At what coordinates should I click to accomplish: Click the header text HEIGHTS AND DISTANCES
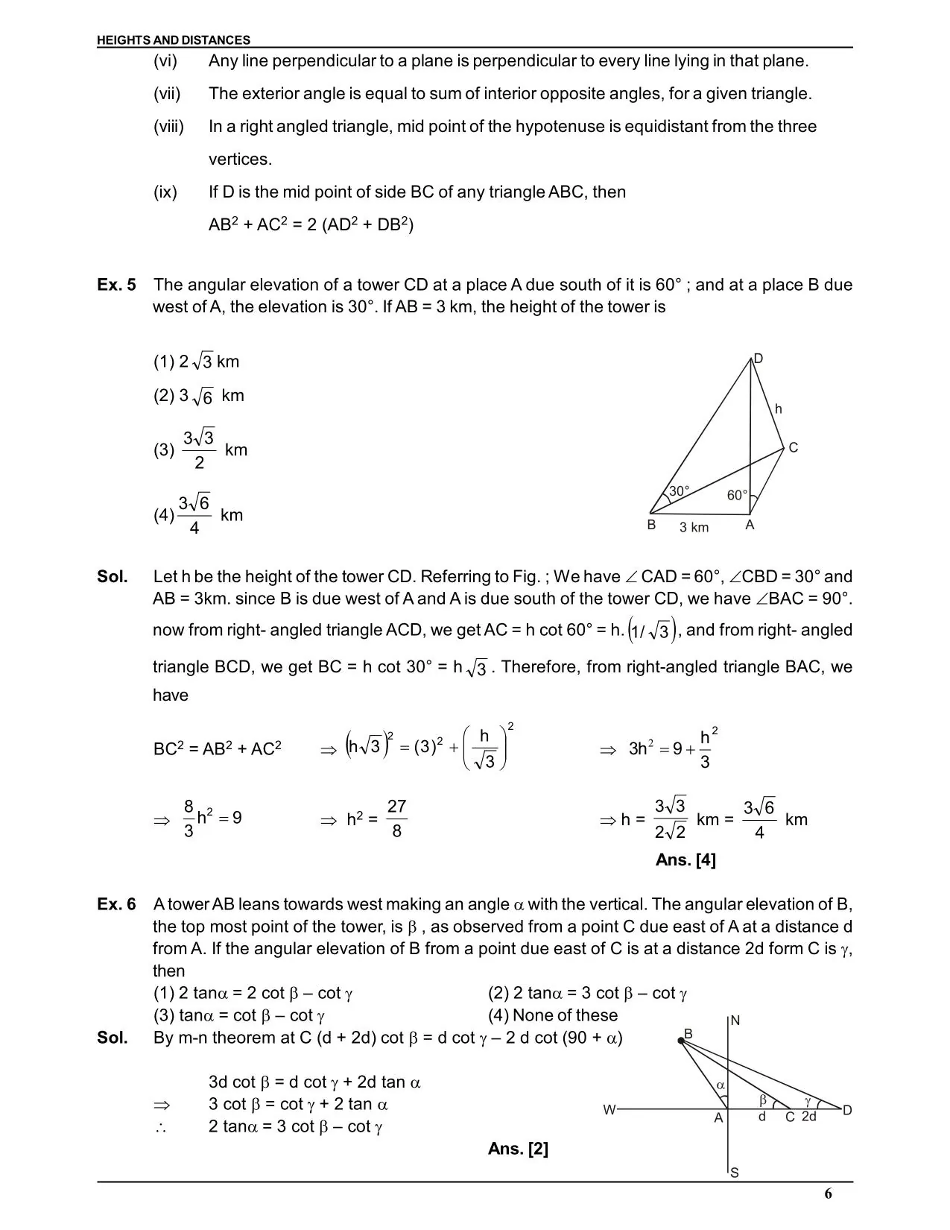tap(174, 40)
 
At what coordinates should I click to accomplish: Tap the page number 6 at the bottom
tap(829, 1193)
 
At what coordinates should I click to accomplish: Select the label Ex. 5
tap(116, 285)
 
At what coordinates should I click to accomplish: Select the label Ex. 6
tap(116, 904)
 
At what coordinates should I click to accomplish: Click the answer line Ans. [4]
tap(685, 860)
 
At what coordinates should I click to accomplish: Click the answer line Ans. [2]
tap(518, 1149)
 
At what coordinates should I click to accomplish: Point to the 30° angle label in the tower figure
tap(679, 491)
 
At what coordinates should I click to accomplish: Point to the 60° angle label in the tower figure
tap(737, 495)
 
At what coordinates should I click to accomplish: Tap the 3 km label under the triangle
tap(694, 528)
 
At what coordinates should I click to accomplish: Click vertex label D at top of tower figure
tap(759, 359)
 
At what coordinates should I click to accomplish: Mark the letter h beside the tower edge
tap(779, 409)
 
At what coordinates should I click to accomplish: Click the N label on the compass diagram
tap(735, 1021)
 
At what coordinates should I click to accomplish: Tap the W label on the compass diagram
tap(609, 1110)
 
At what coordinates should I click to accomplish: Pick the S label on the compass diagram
tap(735, 1173)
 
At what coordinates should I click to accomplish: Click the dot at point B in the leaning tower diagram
tap(681, 1041)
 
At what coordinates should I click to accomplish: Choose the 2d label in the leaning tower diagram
tap(809, 1117)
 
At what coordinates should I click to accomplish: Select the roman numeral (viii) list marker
tap(168, 127)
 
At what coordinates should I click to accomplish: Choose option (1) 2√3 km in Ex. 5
tap(197, 362)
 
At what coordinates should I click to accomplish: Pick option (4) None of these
tap(553, 1015)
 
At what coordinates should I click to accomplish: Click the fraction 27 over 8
tap(396, 819)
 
